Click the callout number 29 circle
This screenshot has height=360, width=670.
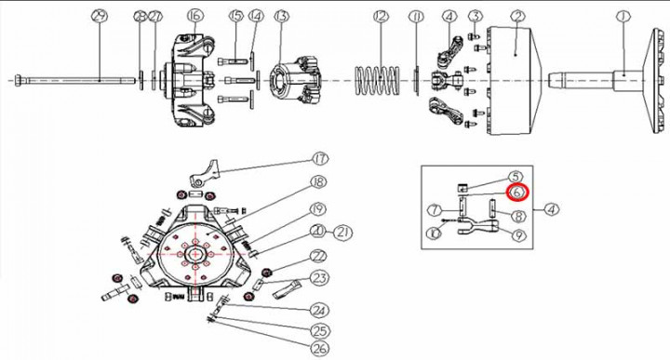(x=99, y=16)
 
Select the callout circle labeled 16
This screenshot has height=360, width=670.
(x=194, y=16)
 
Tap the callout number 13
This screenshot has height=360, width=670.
(x=281, y=16)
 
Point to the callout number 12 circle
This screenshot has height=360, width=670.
(x=379, y=16)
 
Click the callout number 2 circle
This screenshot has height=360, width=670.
(x=517, y=16)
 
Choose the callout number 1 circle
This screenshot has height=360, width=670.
(x=624, y=16)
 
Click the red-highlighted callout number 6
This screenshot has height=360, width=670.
(x=518, y=193)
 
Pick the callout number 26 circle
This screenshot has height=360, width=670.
(x=319, y=349)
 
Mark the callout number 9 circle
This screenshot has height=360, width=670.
(x=518, y=233)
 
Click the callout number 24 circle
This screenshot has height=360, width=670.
(x=319, y=310)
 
